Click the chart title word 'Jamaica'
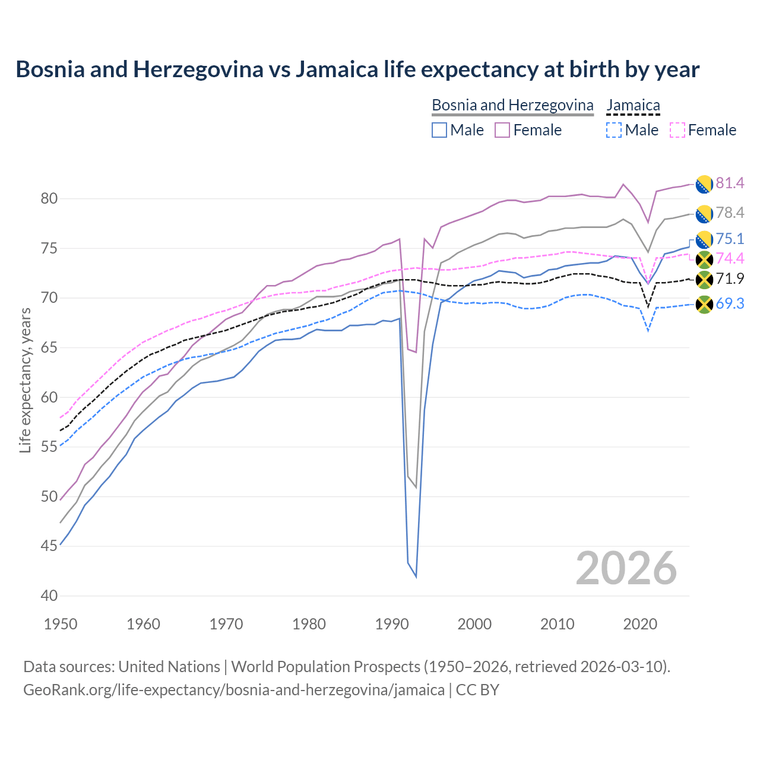[336, 69]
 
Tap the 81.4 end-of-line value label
[730, 183]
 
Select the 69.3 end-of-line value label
[730, 304]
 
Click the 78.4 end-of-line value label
[730, 213]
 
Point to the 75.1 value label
[730, 239]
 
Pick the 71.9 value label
[730, 279]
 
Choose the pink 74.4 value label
[730, 258]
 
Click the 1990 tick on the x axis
[392, 624]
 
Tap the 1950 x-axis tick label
[61, 624]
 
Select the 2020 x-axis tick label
[640, 624]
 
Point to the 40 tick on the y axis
[49, 596]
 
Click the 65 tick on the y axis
[49, 347]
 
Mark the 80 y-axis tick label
[49, 198]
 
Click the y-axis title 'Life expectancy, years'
[25, 380]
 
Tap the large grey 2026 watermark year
[626, 568]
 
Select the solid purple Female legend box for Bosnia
[502, 130]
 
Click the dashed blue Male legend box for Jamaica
[614, 130]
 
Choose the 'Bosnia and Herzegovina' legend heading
[512, 105]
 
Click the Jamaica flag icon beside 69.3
[704, 305]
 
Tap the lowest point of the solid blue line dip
[416, 577]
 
